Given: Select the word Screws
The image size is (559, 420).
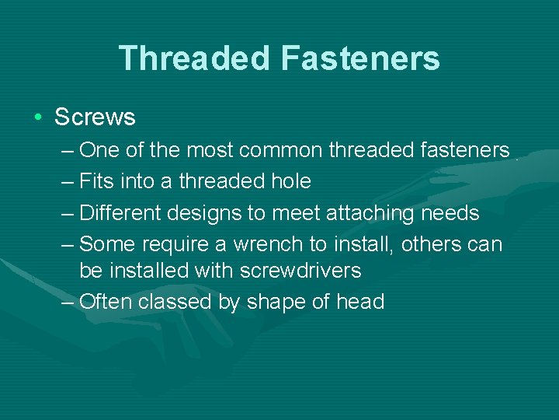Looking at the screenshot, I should click(x=95, y=117).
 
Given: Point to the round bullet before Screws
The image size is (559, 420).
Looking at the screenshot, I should click(x=38, y=117).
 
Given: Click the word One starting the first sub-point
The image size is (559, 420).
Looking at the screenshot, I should click(x=98, y=149).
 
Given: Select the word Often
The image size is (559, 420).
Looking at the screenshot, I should click(x=106, y=302).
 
